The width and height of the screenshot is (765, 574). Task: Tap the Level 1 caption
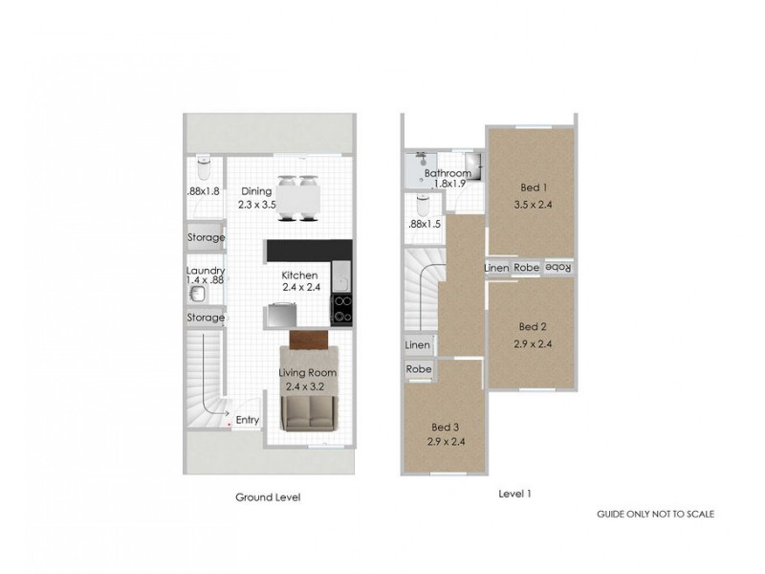[x=514, y=494]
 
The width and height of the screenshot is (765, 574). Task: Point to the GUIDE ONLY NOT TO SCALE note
[x=655, y=514]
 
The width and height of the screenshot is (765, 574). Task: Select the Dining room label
[x=256, y=191]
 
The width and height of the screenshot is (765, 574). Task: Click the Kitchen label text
[x=299, y=276]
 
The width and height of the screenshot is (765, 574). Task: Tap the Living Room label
[x=307, y=372]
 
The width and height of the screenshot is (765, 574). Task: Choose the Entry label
[x=247, y=419]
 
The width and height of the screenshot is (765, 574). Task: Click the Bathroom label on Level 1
[x=448, y=173]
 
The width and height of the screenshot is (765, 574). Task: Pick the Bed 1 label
[x=533, y=188]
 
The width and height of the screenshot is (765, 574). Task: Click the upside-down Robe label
[x=557, y=268]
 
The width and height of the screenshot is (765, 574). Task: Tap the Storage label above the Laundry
[x=206, y=237]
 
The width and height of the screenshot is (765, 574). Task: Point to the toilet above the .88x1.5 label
[x=423, y=205]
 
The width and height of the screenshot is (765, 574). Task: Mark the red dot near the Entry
[x=228, y=419]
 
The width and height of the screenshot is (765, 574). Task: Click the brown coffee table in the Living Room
[x=309, y=341]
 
